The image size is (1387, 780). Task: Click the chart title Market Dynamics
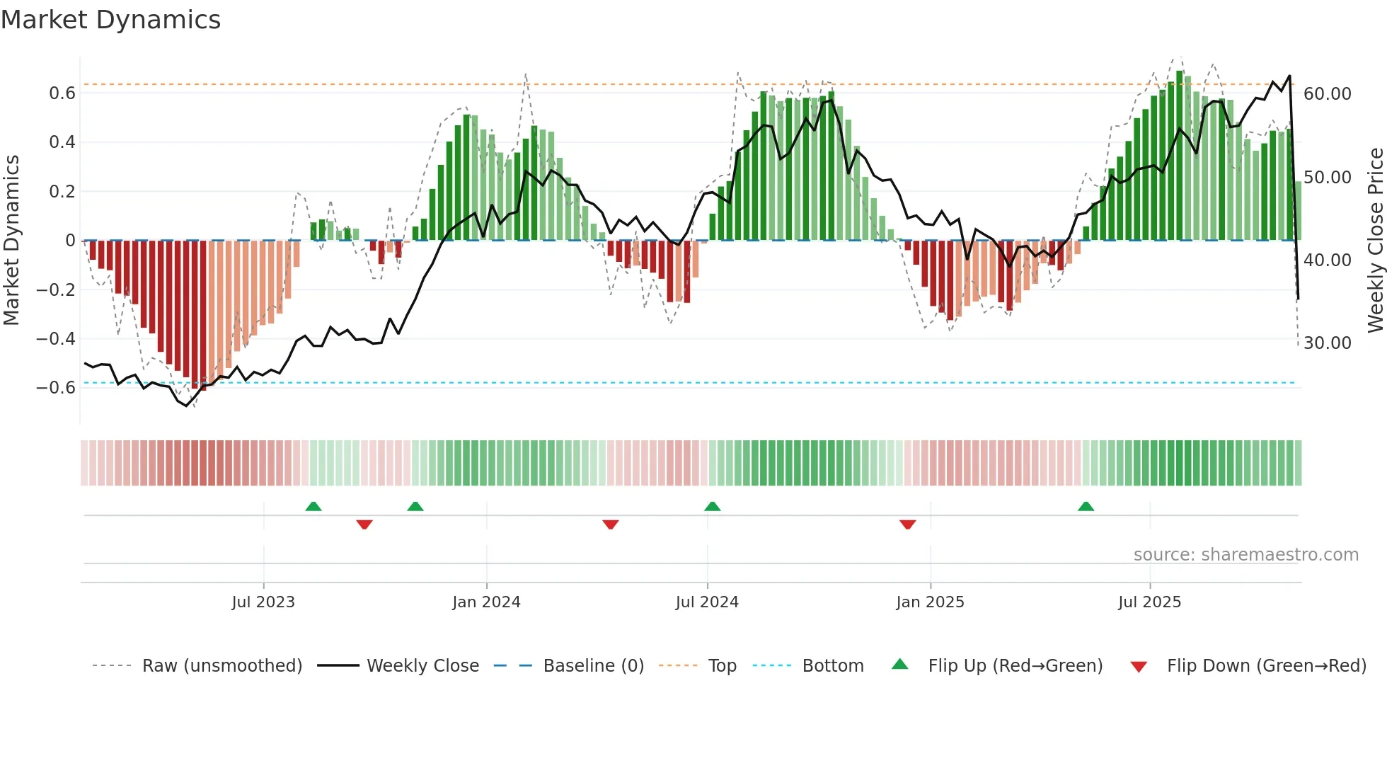click(x=110, y=20)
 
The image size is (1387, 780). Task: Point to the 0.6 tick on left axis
click(x=62, y=93)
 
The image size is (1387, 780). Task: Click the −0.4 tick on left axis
click(x=56, y=339)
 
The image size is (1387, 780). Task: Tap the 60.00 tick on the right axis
click(x=1328, y=94)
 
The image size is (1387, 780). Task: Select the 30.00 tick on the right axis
click(x=1328, y=343)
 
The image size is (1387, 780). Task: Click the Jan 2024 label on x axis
click(x=486, y=602)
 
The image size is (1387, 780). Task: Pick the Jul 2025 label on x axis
click(x=1149, y=602)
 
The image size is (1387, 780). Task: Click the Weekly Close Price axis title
click(x=1375, y=240)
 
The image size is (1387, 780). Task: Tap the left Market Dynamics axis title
click(x=12, y=240)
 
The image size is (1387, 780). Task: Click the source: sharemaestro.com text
click(x=1245, y=555)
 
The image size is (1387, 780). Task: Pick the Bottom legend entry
click(x=832, y=666)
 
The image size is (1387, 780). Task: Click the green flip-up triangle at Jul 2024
click(x=712, y=507)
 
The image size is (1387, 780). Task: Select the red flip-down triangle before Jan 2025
click(x=907, y=524)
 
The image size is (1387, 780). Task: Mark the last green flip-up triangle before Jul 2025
click(x=1086, y=507)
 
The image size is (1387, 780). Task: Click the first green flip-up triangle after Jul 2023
click(x=313, y=507)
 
